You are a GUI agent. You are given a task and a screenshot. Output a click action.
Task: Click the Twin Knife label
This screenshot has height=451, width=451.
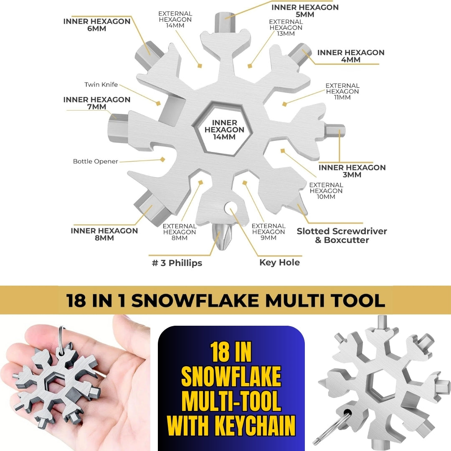(x=101, y=84)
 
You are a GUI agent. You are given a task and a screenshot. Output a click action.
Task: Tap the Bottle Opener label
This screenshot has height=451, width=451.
(x=96, y=161)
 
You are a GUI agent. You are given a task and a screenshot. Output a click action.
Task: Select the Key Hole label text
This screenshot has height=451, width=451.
(x=279, y=262)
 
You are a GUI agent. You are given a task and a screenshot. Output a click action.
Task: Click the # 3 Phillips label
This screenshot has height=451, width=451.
(x=177, y=263)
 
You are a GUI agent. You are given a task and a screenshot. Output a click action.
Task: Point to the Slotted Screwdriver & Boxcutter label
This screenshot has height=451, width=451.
(x=342, y=236)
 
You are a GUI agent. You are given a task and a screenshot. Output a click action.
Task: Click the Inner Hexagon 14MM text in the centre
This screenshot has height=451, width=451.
(x=224, y=130)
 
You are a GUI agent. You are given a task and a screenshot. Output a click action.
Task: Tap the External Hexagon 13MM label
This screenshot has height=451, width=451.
(x=286, y=28)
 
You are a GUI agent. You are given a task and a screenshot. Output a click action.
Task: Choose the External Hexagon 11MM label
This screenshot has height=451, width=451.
(x=342, y=91)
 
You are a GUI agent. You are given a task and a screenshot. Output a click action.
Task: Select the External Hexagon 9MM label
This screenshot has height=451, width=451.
(x=269, y=232)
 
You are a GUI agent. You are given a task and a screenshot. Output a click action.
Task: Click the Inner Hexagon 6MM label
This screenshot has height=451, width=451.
(x=96, y=25)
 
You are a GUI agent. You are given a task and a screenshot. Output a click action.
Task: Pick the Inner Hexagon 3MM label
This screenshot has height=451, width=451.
(x=352, y=171)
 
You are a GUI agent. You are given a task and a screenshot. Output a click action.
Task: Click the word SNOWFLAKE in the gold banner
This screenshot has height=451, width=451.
(x=195, y=301)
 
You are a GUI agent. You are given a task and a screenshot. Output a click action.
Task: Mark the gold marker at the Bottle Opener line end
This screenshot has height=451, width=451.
(x=163, y=159)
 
